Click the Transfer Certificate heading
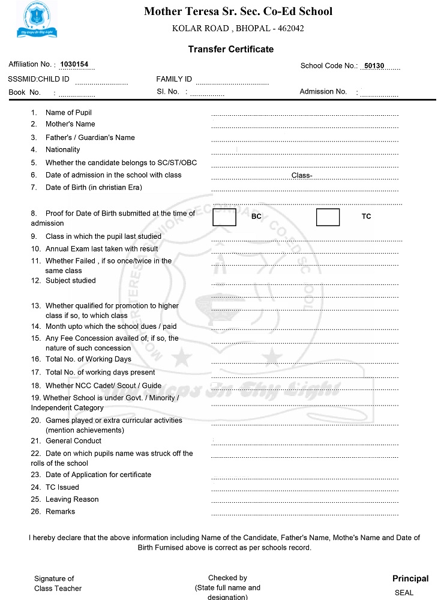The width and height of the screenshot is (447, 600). tap(230, 49)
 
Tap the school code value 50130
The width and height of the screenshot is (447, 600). tap(374, 66)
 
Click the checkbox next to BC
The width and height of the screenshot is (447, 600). tap(224, 217)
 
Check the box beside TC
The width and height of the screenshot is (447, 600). tap(328, 217)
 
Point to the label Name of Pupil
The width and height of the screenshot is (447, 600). tap(68, 112)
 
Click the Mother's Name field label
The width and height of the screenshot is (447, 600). tap(70, 124)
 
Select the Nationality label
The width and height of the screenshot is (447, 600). tap(62, 149)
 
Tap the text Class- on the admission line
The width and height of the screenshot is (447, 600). tap(302, 175)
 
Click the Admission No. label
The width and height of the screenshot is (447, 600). tap(323, 92)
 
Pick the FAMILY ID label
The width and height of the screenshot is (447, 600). tap(174, 79)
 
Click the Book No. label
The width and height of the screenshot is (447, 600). tap(25, 92)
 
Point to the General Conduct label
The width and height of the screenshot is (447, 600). tap(73, 441)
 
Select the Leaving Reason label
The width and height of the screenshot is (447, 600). tap(72, 499)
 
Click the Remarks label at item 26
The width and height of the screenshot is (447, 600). tap(60, 512)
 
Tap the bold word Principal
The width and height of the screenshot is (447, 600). tap(410, 579)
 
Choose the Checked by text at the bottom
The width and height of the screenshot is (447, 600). tap(227, 578)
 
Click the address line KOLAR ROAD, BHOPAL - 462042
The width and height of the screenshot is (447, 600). tap(238, 28)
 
